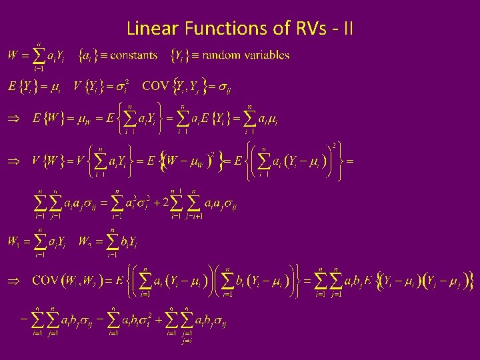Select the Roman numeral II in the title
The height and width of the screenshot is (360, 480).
(x=348, y=29)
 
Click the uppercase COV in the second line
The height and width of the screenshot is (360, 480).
(x=155, y=86)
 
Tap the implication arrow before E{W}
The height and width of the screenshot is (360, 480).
(x=12, y=119)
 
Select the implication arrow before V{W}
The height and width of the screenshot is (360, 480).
(x=12, y=161)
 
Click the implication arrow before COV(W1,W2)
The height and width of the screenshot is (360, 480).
(x=12, y=281)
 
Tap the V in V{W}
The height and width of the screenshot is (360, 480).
(x=35, y=161)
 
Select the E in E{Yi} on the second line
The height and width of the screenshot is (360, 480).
(x=12, y=87)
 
